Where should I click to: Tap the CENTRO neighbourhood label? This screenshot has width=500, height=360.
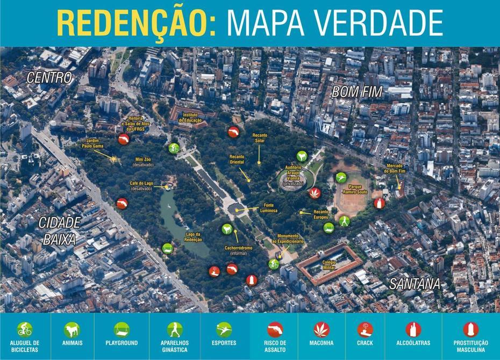49,78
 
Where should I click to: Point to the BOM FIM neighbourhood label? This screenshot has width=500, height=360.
357,92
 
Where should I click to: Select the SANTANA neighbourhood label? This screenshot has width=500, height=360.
415,284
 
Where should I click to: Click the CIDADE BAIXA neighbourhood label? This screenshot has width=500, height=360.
59,231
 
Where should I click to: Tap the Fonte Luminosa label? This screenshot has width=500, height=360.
269,207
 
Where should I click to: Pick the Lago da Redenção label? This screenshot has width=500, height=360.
192,237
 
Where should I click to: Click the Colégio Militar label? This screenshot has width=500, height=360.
330,264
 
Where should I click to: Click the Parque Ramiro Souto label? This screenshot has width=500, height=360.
355,189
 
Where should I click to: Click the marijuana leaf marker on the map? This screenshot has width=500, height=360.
313,192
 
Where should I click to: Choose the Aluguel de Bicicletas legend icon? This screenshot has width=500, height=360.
24,329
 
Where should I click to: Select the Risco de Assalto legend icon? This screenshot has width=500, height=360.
275,329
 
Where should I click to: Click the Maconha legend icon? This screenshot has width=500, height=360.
322,329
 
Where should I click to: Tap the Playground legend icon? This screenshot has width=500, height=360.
122,329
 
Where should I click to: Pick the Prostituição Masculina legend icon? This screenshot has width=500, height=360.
470,329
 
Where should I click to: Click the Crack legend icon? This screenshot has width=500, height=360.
365,329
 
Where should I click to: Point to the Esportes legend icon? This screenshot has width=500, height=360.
224,329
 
